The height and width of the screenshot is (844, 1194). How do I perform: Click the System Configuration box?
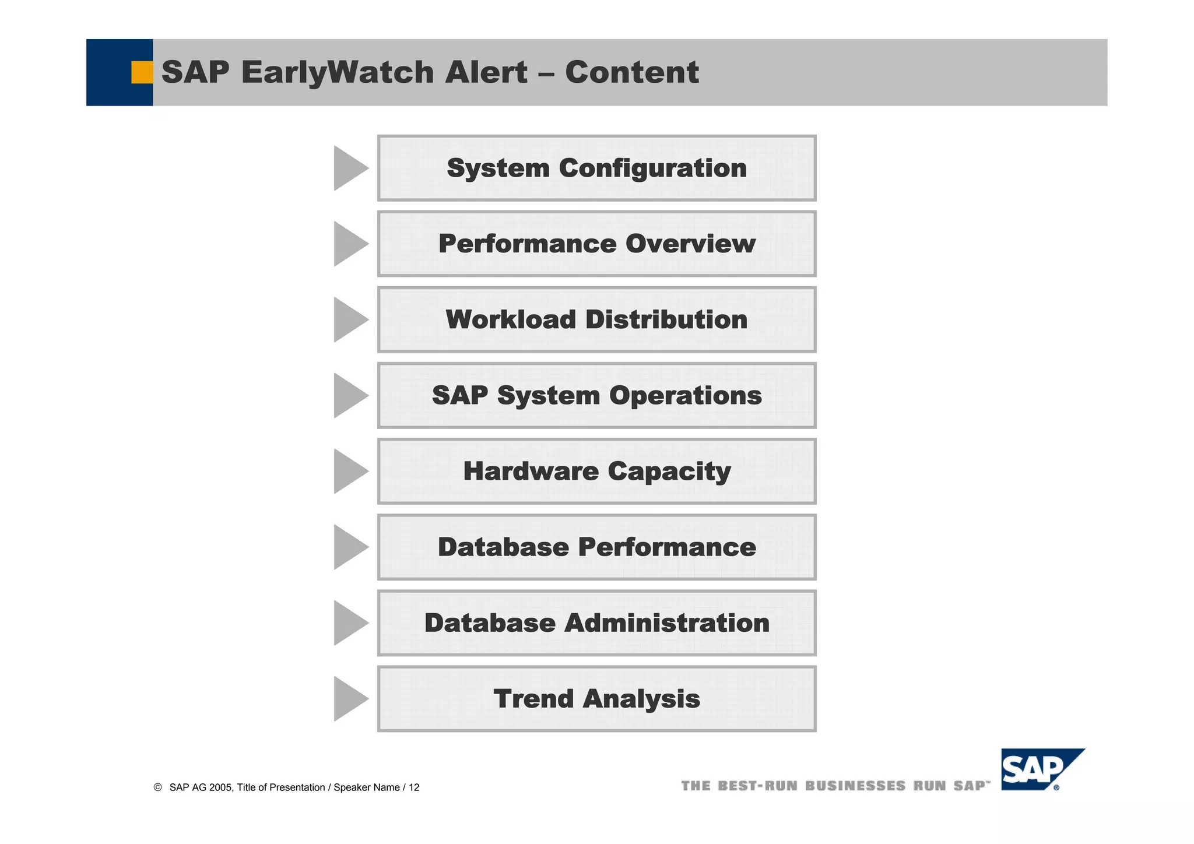[596, 168]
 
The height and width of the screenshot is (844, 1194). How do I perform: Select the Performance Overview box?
[596, 244]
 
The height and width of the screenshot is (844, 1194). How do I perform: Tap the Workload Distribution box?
[596, 320]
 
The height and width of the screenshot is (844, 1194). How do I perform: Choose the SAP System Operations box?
[596, 396]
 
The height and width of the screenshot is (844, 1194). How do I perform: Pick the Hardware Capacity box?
[596, 472]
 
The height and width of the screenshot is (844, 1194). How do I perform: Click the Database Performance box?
[596, 547]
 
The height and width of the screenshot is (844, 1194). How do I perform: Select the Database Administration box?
[596, 623]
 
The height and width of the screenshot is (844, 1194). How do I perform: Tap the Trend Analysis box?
[596, 699]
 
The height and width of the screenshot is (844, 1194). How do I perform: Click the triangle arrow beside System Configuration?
[348, 168]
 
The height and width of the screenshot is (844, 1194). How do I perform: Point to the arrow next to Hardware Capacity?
[348, 471]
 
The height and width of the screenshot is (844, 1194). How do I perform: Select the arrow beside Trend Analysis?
[348, 698]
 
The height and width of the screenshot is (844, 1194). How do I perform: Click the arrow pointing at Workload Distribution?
[348, 320]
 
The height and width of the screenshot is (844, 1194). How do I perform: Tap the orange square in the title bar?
[142, 72]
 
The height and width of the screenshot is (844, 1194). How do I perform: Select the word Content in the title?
[632, 72]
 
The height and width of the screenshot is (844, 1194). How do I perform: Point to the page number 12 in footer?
[414, 787]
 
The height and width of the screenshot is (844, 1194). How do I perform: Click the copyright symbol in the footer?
[157, 787]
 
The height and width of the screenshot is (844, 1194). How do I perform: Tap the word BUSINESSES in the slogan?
[855, 786]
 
